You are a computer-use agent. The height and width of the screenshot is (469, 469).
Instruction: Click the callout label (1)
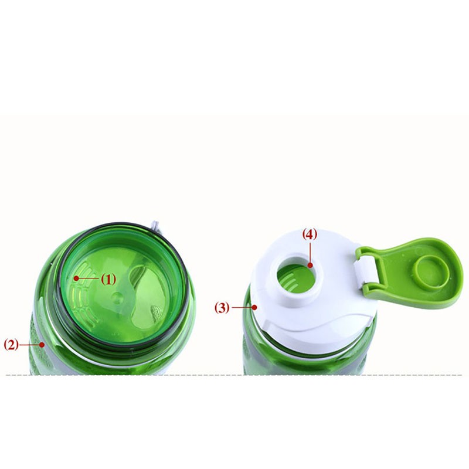[x=108, y=280]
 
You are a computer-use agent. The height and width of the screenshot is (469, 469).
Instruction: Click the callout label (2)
[x=11, y=345]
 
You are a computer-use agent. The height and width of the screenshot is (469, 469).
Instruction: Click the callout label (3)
[x=222, y=307]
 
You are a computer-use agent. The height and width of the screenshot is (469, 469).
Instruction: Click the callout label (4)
[x=310, y=235]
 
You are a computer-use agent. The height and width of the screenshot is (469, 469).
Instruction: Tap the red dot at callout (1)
[x=76, y=278]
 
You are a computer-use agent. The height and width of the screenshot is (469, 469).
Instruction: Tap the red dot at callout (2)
[x=42, y=345]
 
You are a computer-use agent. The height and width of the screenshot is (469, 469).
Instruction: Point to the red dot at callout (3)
[x=254, y=307]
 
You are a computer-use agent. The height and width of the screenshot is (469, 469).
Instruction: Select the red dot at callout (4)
[x=310, y=265]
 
